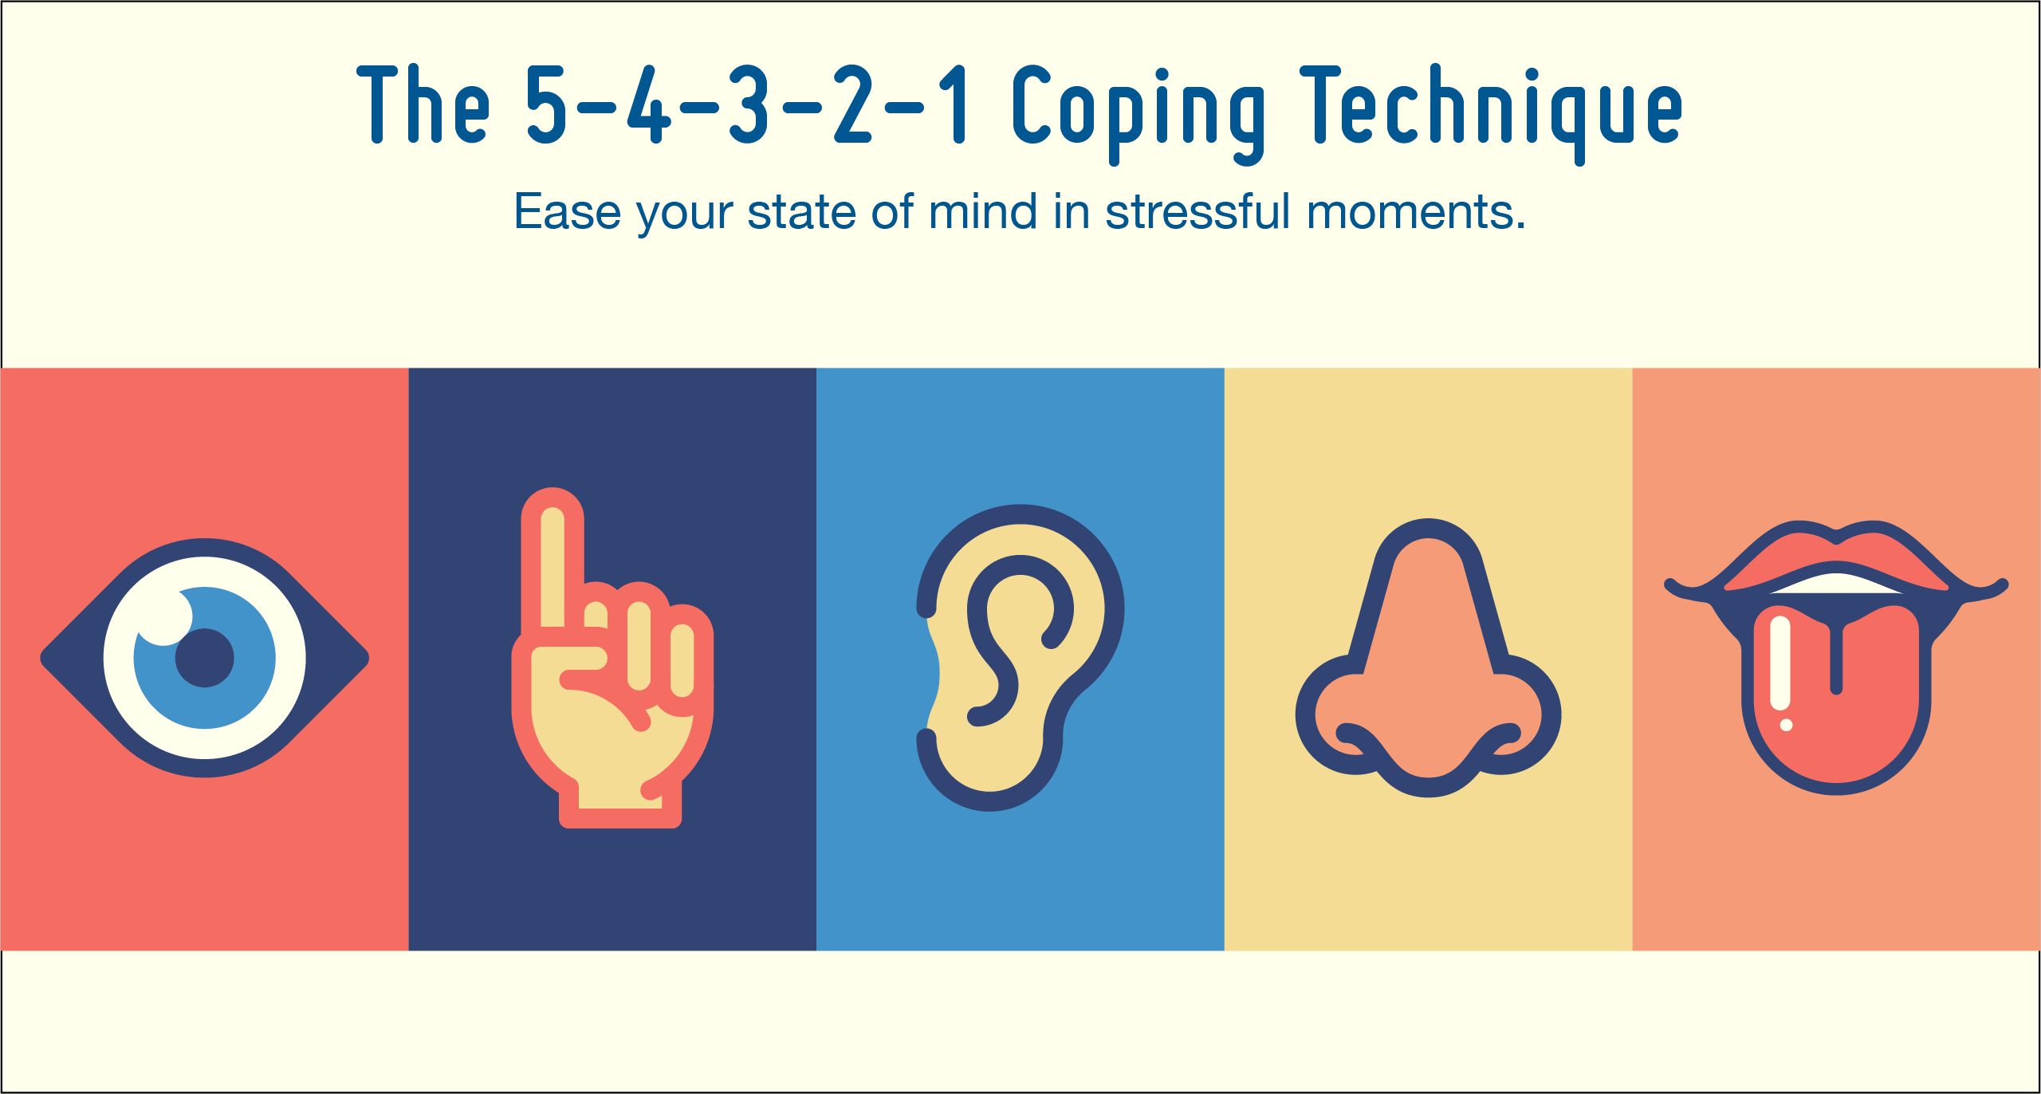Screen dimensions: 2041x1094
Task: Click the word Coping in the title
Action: tap(1138, 112)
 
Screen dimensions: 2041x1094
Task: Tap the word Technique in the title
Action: tap(1492, 112)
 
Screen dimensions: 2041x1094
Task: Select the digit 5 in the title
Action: tap(547, 105)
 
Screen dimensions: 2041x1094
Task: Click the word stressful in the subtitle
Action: tap(1197, 212)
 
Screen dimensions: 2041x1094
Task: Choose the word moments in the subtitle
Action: tap(1416, 214)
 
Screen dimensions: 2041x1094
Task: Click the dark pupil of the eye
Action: tap(204, 658)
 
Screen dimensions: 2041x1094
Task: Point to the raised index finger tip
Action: tap(553, 510)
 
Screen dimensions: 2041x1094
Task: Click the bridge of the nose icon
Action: tap(1428, 590)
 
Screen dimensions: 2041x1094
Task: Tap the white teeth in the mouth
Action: tap(1837, 584)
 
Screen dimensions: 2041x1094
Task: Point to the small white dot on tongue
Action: tap(1787, 725)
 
